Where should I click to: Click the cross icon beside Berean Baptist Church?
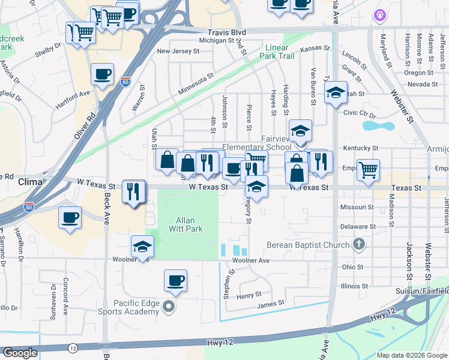coord(359,244)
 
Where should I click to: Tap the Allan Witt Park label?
coord(189,224)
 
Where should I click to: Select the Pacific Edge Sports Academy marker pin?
coord(169,307)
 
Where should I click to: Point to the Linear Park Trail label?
coord(277,51)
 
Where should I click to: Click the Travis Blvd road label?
coord(227,32)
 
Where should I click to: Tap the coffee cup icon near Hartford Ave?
coord(102,74)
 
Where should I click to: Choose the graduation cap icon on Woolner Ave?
coord(143,246)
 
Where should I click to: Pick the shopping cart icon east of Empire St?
coord(367,169)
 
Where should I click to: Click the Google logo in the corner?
coord(20,353)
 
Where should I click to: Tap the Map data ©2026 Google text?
coord(412,355)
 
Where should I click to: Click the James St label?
coord(270,304)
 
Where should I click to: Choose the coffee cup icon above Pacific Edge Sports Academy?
coord(175,280)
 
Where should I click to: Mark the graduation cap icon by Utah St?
coord(336,92)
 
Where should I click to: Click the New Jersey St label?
coord(178,52)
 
